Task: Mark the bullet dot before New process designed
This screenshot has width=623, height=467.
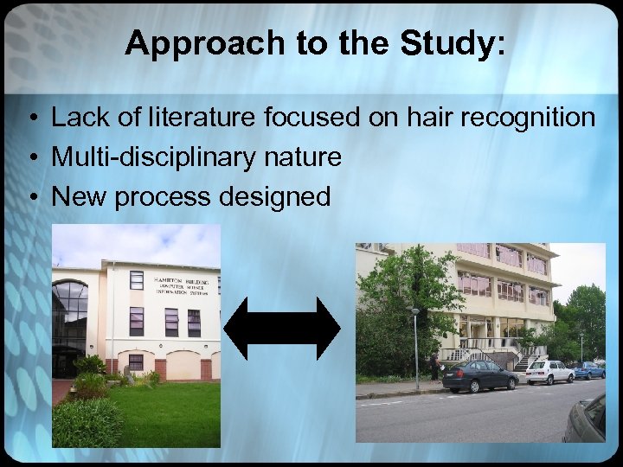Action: pos(30,197)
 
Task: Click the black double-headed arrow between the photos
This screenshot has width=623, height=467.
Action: pos(281,329)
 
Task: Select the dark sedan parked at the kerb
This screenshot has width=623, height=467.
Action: pos(479,376)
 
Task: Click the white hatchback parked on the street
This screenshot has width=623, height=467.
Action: pos(549,372)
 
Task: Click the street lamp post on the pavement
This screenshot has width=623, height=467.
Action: pos(416,346)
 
